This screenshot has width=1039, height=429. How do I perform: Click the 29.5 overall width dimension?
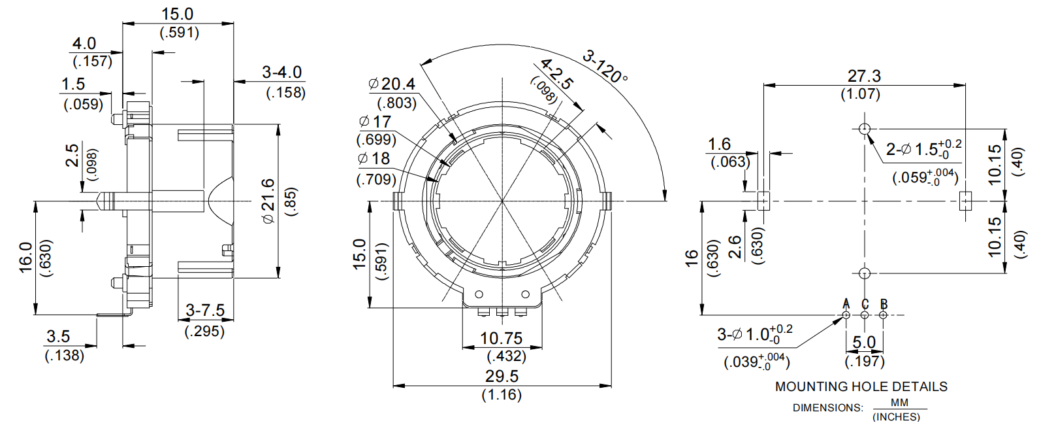pyautogui.click(x=502, y=376)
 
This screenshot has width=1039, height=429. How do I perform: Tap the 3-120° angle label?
pyautogui.click(x=605, y=67)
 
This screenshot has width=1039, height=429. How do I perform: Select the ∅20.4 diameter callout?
pyautogui.click(x=392, y=84)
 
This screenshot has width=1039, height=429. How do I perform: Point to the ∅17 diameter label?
pyautogui.click(x=376, y=122)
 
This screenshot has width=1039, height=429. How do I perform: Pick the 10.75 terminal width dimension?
pyautogui.click(x=501, y=338)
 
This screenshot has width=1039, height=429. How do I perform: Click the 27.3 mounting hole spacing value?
pyautogui.click(x=864, y=76)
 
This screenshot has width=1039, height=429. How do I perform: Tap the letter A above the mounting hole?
pyautogui.click(x=846, y=304)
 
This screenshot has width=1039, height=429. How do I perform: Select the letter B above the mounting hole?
pyautogui.click(x=884, y=304)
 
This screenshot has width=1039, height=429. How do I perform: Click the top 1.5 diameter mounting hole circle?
pyautogui.click(x=865, y=128)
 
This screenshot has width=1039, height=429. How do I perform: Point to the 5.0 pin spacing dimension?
pyautogui.click(x=864, y=342)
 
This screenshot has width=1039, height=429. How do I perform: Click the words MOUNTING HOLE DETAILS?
pyautogui.click(x=861, y=386)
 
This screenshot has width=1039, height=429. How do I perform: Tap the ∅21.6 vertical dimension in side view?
pyautogui.click(x=268, y=201)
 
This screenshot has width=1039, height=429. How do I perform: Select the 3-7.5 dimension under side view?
pyautogui.click(x=205, y=310)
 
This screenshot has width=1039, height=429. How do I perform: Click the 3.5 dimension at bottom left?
pyautogui.click(x=58, y=336)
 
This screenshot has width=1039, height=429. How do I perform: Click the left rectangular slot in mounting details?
pyautogui.click(x=763, y=201)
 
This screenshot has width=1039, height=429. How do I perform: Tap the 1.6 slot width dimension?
pyautogui.click(x=719, y=144)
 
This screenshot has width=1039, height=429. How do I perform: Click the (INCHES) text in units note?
pyautogui.click(x=896, y=417)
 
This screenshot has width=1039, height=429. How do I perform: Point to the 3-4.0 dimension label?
pyautogui.click(x=281, y=72)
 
